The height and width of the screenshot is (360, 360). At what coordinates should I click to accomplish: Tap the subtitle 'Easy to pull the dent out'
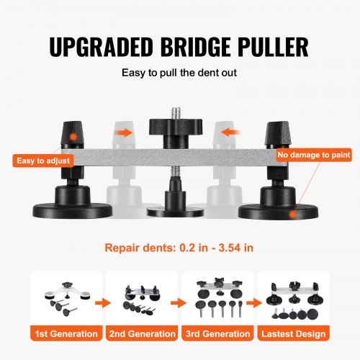click(x=180, y=73)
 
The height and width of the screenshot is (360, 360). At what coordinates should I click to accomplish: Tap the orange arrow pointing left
click(x=233, y=132)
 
